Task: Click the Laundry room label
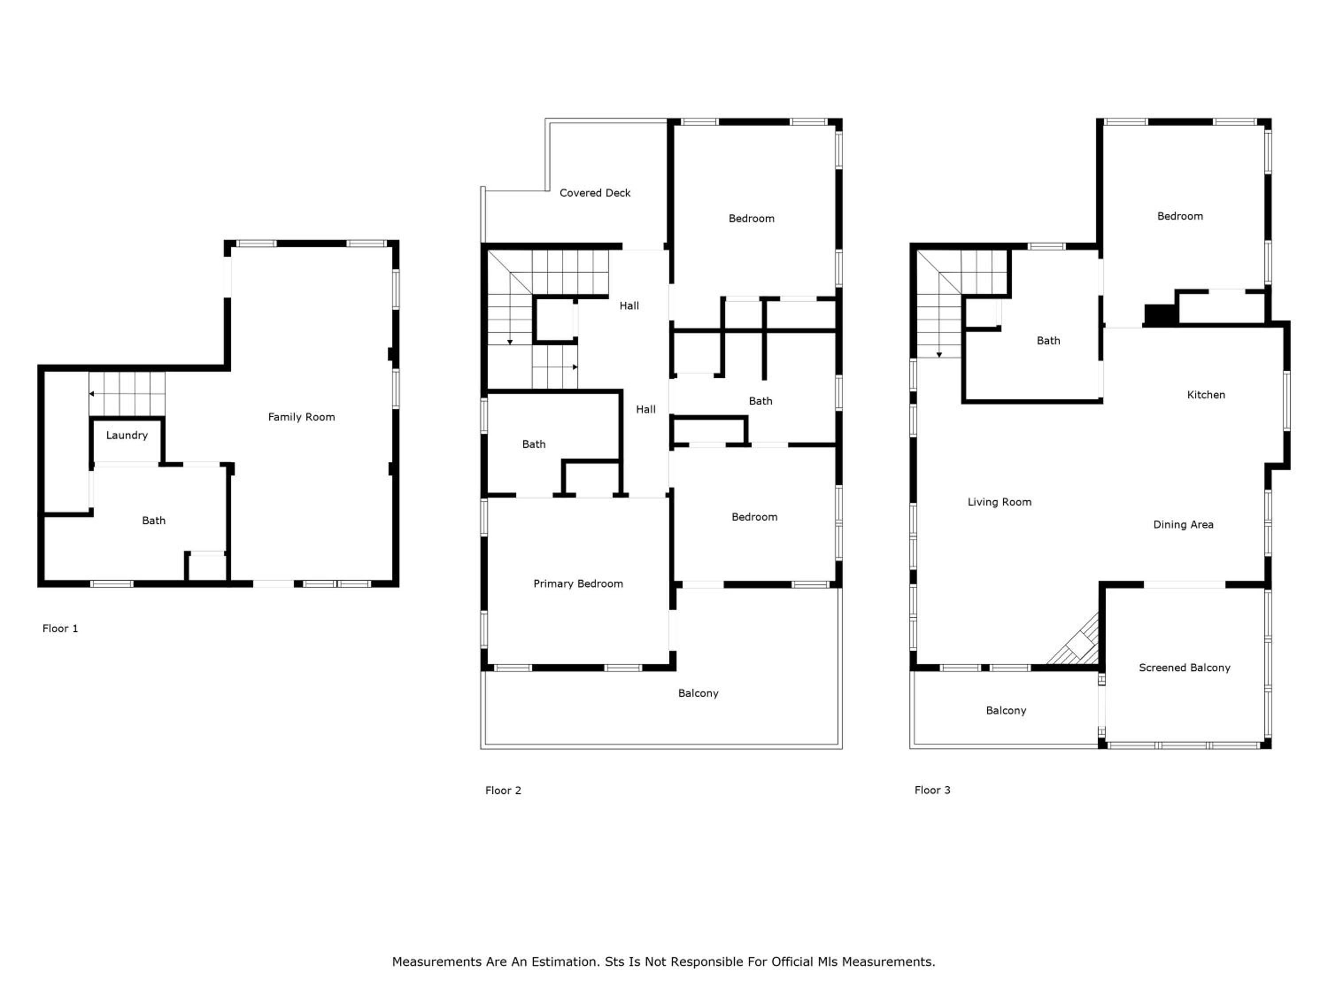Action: (x=127, y=435)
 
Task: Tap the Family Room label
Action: (x=301, y=417)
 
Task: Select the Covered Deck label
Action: (x=595, y=193)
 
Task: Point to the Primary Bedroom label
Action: (x=578, y=583)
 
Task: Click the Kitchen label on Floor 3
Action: (x=1206, y=394)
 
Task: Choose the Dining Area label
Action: (x=1183, y=525)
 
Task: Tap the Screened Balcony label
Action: (x=1185, y=668)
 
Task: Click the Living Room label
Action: (x=1000, y=502)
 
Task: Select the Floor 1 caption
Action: (x=60, y=629)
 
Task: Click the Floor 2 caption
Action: (x=503, y=791)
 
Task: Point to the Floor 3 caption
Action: (x=932, y=790)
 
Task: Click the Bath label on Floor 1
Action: (x=154, y=521)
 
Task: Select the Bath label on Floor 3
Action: (x=1048, y=340)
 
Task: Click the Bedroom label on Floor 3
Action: (x=1180, y=216)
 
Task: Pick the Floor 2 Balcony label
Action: (x=698, y=693)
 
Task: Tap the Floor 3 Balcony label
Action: (x=1006, y=711)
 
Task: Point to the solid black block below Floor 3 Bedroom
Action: (x=1160, y=315)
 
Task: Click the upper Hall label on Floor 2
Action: (x=629, y=305)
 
